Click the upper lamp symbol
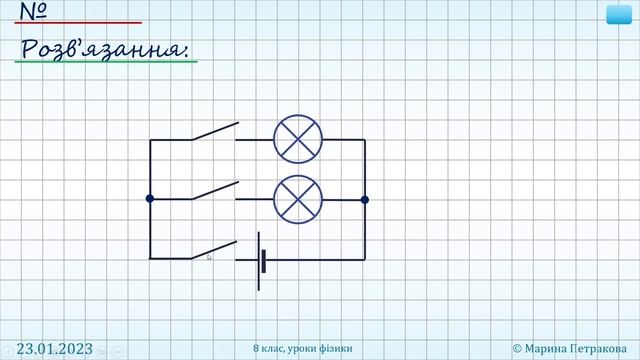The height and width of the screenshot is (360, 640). pos(298,139)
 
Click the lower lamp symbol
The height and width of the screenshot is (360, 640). pos(298,200)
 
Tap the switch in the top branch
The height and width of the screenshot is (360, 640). pos(215,131)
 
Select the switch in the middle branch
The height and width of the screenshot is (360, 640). pos(215,191)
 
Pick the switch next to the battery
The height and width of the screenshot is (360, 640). pos(214,250)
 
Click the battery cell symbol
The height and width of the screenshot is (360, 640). pos(262,261)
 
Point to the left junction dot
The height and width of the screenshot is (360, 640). pos(150,198)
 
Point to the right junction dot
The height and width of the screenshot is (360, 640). pos(365,200)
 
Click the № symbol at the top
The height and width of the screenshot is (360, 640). pos(33,11)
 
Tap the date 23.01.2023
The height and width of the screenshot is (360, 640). pos(55,349)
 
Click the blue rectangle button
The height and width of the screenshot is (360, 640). pos(619,15)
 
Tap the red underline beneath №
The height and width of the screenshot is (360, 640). pos(78,22)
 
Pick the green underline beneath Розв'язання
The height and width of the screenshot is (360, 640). pos(106,62)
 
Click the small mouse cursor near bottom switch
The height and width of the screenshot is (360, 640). pos(209,257)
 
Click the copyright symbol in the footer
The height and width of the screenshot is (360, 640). pos(517,349)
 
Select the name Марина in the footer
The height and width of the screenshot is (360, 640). pos(545,349)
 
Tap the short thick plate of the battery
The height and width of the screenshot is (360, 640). pos(264,261)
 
